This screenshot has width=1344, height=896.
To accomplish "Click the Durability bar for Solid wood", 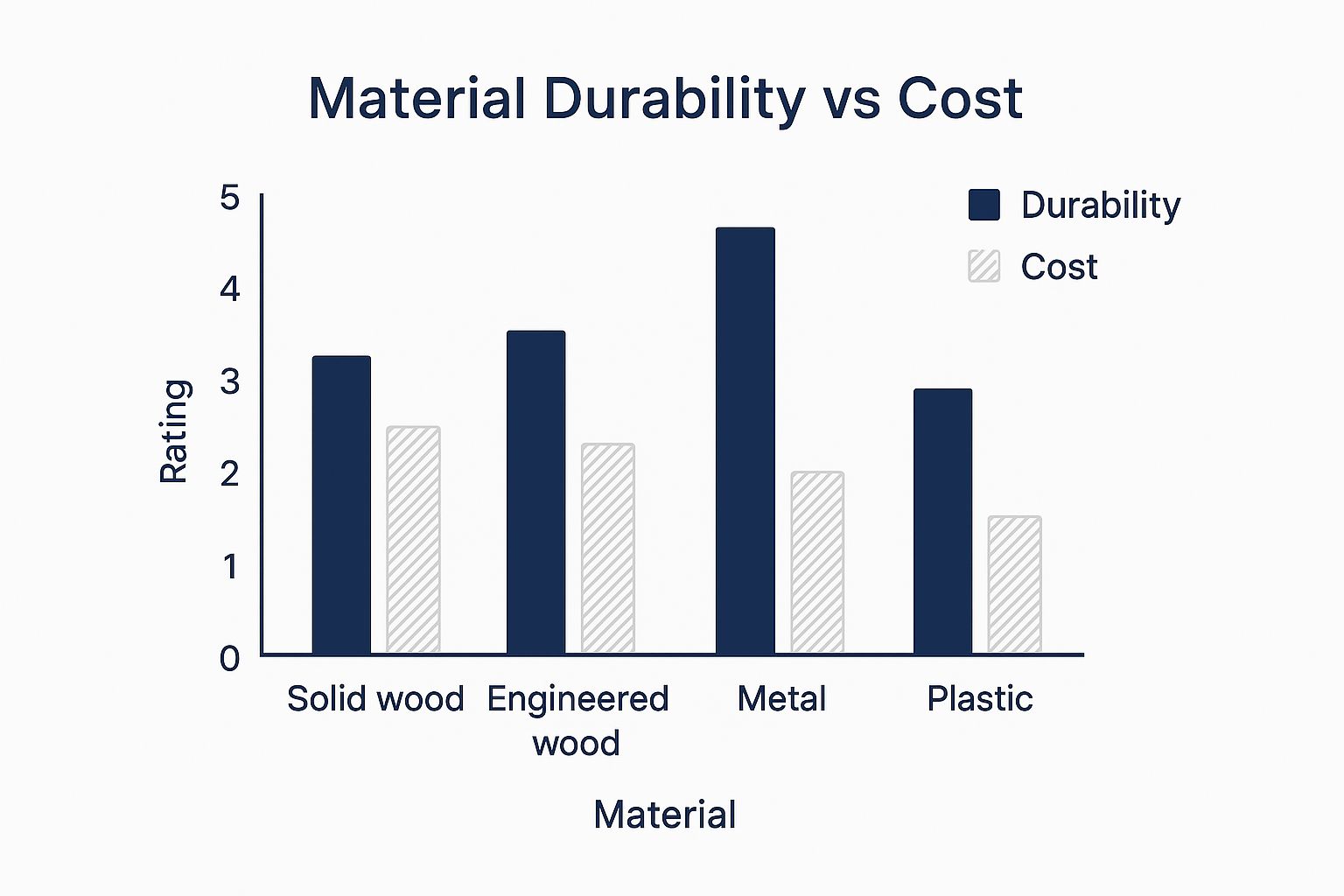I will pyautogui.click(x=341, y=505).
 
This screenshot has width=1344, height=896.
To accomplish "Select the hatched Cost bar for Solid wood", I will pyautogui.click(x=413, y=539).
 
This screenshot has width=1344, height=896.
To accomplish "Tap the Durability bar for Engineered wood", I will pyautogui.click(x=535, y=492).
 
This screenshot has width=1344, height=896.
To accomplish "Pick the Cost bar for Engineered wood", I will pyautogui.click(x=608, y=548).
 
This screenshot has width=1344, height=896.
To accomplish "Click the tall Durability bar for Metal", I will pyautogui.click(x=745, y=440).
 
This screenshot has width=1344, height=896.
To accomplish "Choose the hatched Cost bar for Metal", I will pyautogui.click(x=817, y=562).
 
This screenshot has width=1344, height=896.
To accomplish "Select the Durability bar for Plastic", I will pyautogui.click(x=942, y=521).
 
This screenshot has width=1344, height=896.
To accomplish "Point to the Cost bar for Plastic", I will pyautogui.click(x=1015, y=584).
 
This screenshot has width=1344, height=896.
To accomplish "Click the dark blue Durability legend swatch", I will pyautogui.click(x=984, y=205).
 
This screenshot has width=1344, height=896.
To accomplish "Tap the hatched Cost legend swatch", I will pyautogui.click(x=984, y=266).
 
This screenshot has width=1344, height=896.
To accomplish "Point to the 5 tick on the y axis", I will pyautogui.click(x=229, y=198).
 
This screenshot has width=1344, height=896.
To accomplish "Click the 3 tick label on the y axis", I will pyautogui.click(x=229, y=381).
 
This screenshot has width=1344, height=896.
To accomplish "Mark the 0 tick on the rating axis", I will pyautogui.click(x=229, y=658).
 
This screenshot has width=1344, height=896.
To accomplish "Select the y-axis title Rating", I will pyautogui.click(x=175, y=430).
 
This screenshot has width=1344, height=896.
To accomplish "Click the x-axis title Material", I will pyautogui.click(x=665, y=815).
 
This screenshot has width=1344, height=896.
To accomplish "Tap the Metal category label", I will pyautogui.click(x=781, y=699).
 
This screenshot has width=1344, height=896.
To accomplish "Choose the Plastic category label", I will pyautogui.click(x=980, y=699).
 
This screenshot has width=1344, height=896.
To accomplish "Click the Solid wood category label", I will pyautogui.click(x=375, y=699).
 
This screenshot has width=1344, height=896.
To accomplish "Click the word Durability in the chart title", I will pyautogui.click(x=674, y=98).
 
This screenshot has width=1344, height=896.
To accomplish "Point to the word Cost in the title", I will pyautogui.click(x=960, y=98).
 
